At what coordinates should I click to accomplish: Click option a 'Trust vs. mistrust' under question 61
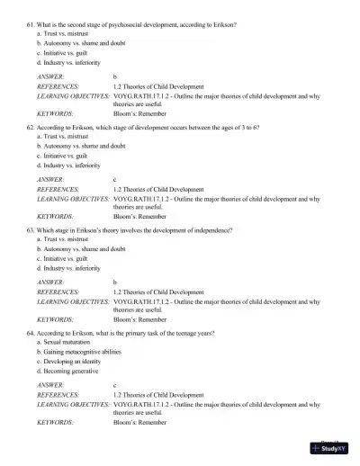pyautogui.click(x=70, y=33)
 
